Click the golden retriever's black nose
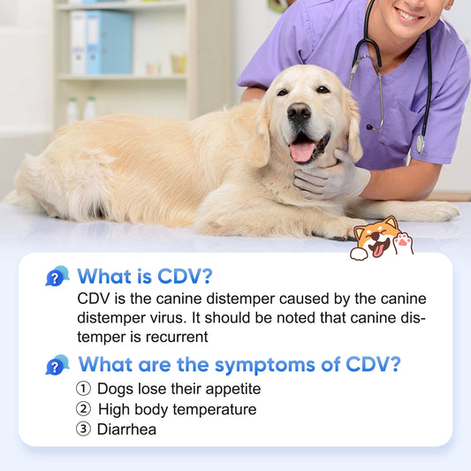pos(299,112)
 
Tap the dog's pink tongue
pos(302,151)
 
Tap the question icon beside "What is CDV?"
pos(57,277)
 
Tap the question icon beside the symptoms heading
pos(57,364)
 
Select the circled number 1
pos(83,389)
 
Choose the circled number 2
pos(83,409)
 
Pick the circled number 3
pos(83,429)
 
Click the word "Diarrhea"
pos(127,429)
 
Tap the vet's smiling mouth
pos(408,13)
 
